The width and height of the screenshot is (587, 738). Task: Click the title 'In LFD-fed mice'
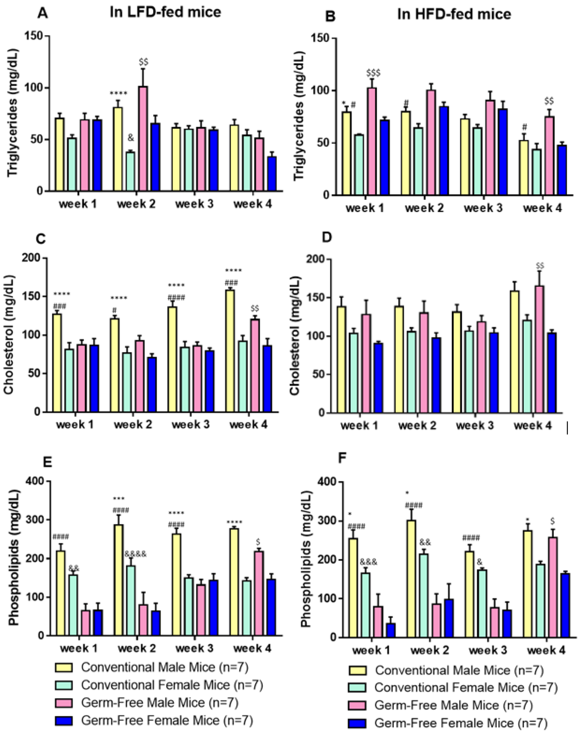point(165,12)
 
